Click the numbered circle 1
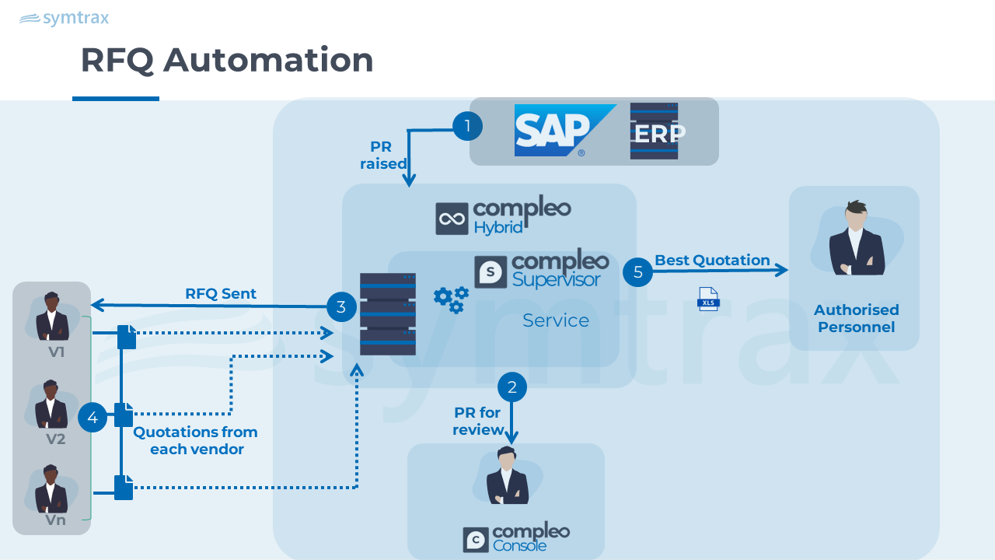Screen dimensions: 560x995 tap(467, 125)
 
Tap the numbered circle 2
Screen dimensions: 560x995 tap(511, 387)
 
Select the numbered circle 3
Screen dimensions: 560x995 tap(341, 306)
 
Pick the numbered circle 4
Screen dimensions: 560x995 tap(93, 418)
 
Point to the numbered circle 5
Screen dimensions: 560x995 tap(638, 272)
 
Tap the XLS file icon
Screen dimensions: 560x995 tap(708, 299)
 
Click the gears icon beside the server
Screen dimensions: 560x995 tap(451, 299)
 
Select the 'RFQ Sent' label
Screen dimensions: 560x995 tap(221, 293)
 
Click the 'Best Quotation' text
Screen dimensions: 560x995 tap(712, 260)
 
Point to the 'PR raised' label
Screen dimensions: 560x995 tap(382, 156)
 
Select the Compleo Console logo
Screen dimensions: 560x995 tap(516, 537)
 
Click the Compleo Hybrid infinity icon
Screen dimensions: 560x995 tap(451, 219)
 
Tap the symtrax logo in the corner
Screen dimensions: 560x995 tap(64, 18)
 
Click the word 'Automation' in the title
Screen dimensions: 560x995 tap(268, 60)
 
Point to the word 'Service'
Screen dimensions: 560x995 tap(556, 320)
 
